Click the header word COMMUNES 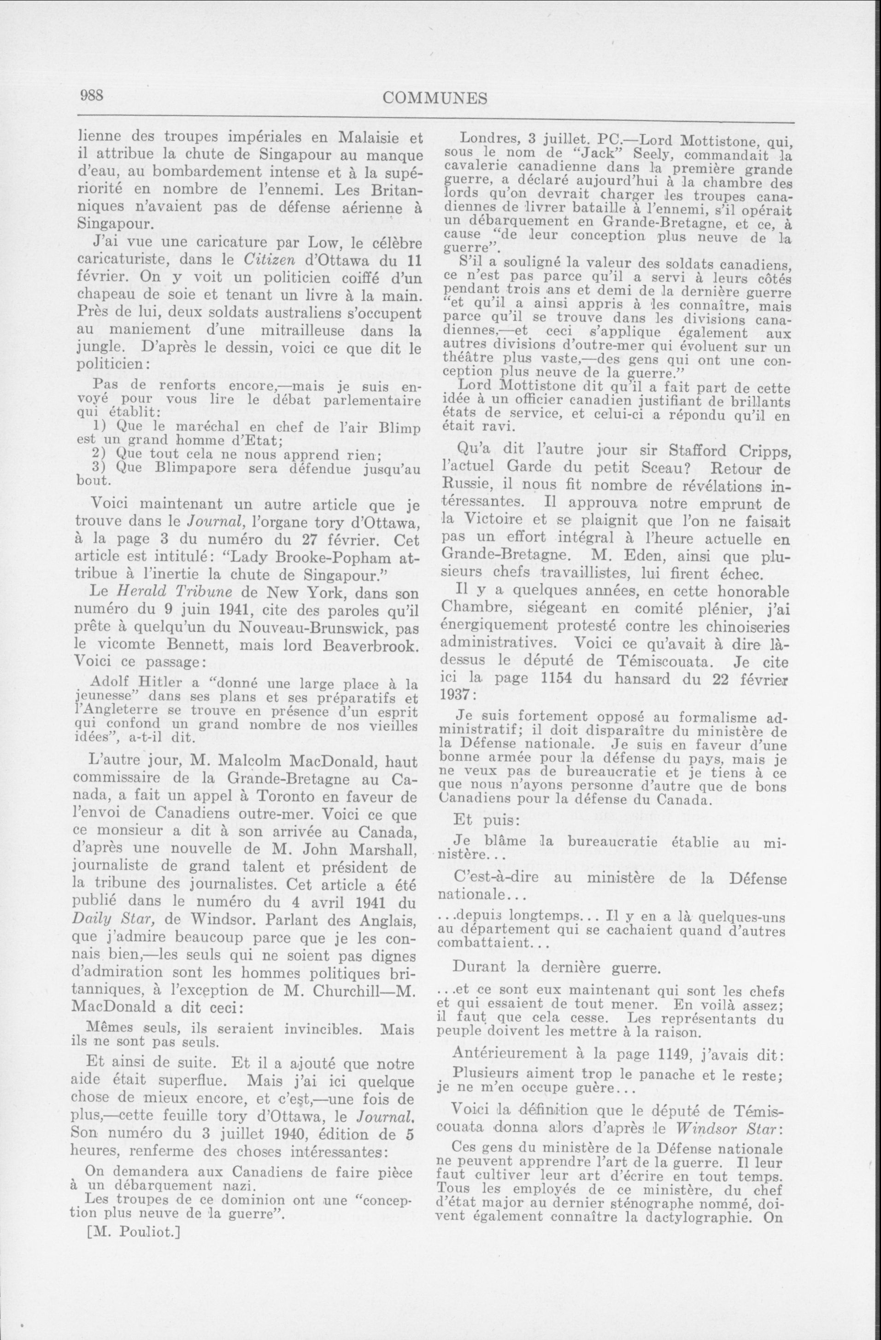coord(435,99)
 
